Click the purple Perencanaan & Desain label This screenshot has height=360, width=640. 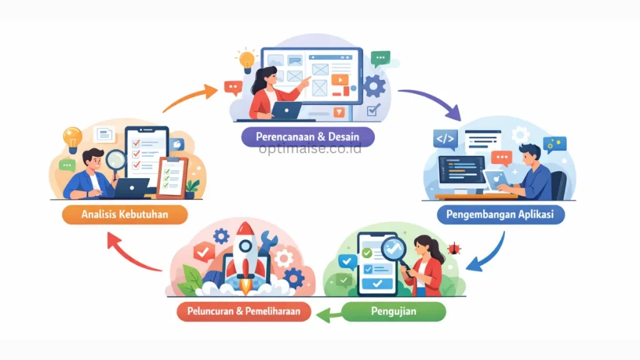306,136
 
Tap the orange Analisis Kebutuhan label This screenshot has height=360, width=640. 125,215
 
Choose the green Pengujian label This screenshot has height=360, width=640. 394,311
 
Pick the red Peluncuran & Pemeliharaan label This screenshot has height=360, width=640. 243,311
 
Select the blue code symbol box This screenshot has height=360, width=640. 446,139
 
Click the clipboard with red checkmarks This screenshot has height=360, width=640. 171,176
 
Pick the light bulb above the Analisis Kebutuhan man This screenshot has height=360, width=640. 72,137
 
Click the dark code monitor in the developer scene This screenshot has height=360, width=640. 461,172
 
